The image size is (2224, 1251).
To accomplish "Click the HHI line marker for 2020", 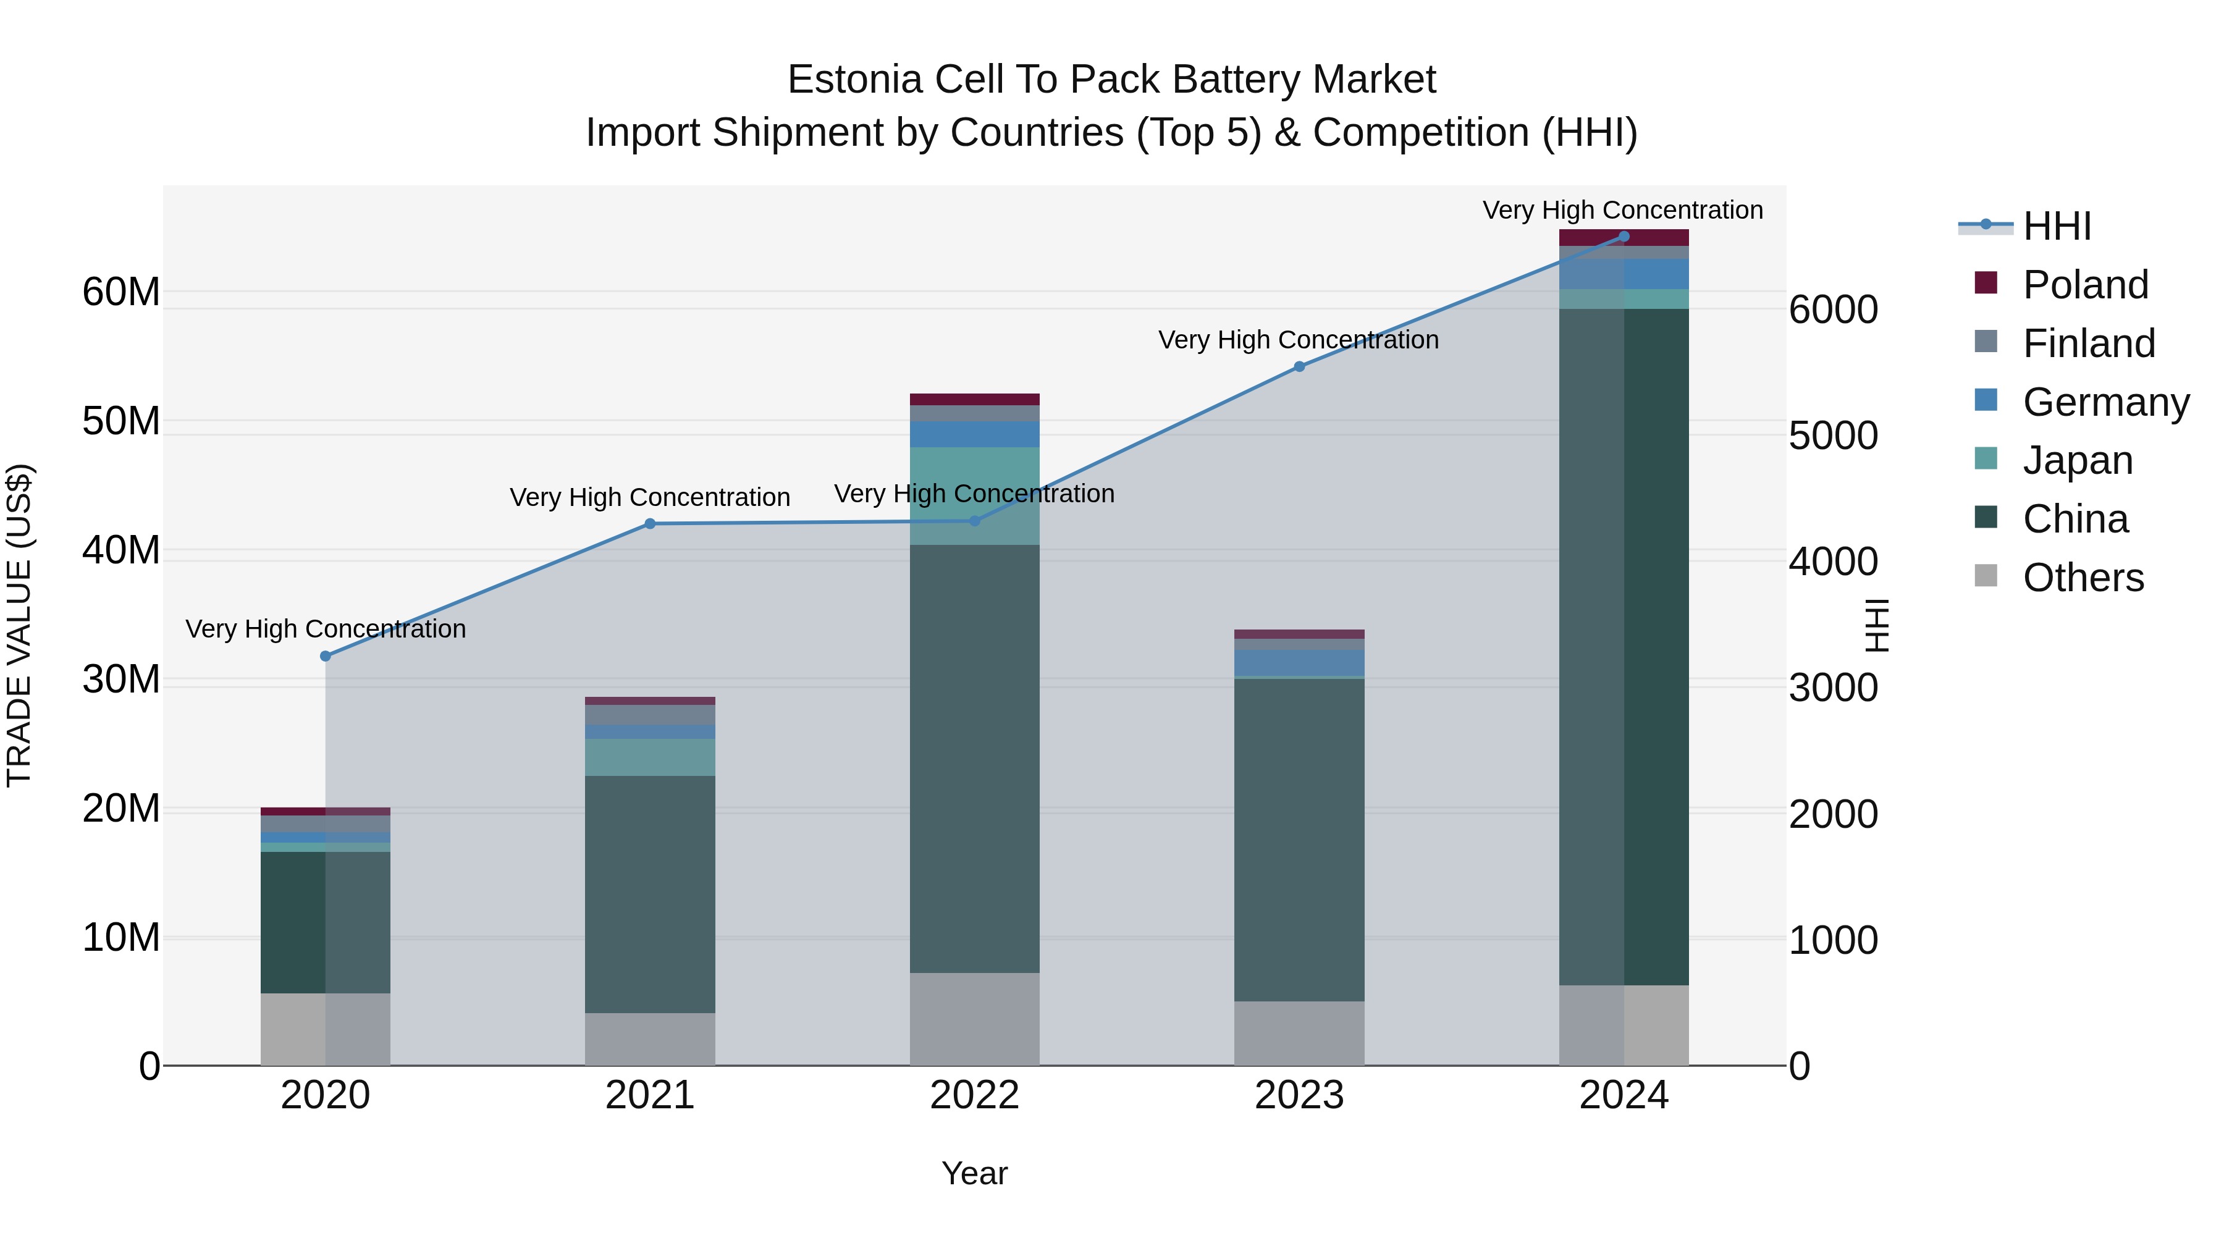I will click(x=326, y=656).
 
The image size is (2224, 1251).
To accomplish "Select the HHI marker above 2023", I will click(x=1299, y=366).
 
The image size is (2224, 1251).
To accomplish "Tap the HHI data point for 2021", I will click(x=650, y=523).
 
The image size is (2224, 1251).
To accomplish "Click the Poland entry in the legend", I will click(x=2084, y=285).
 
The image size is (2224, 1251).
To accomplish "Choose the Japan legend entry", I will click(x=2076, y=460).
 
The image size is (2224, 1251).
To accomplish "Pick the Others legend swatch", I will click(x=1986, y=576).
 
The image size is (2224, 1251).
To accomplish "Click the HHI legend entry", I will click(x=2057, y=226).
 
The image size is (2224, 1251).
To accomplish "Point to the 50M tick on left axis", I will click(x=121, y=421).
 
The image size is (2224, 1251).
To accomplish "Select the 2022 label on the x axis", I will click(x=975, y=1095).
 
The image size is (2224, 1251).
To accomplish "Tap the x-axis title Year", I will click(x=975, y=1173).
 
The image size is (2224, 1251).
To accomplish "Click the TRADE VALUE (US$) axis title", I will click(x=19, y=625).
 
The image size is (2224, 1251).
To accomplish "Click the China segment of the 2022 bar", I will click(x=975, y=760).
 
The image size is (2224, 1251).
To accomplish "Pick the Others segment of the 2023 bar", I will click(x=1299, y=1034).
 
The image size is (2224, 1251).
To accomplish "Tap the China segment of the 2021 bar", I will click(x=650, y=893).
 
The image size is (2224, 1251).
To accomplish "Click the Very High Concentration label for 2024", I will click(x=1623, y=210).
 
